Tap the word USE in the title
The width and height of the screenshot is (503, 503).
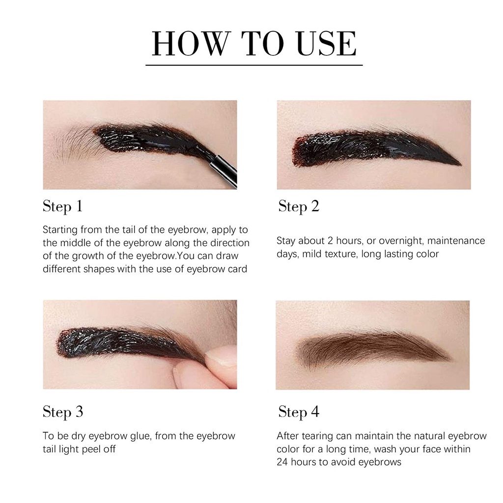[x=327, y=44]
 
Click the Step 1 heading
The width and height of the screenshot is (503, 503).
[x=62, y=206]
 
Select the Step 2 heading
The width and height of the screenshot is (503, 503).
[x=299, y=206]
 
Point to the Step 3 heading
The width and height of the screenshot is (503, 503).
[x=63, y=412]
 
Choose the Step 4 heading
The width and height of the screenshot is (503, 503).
[x=299, y=412]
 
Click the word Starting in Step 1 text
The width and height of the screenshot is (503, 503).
[x=60, y=230]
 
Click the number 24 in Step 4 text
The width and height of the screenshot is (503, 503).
[x=282, y=462]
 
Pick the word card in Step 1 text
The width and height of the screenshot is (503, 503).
[x=237, y=269]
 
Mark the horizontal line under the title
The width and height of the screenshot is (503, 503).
[x=254, y=65]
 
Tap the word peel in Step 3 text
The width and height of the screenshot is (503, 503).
[x=92, y=449]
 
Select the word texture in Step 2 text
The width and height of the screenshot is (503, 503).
[x=341, y=254]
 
